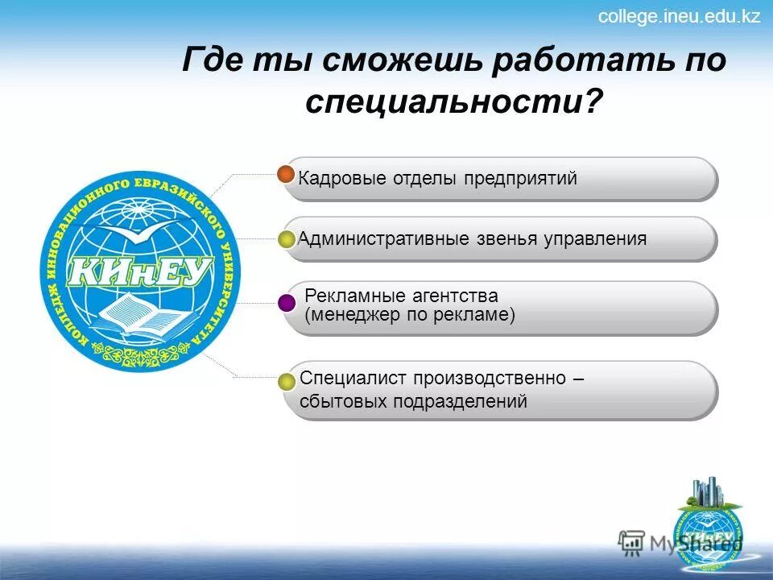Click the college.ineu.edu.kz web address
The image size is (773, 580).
(679, 17)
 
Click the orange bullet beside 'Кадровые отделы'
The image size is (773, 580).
(286, 174)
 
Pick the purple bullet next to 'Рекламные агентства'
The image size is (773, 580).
(287, 303)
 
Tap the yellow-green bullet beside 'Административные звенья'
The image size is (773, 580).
(287, 239)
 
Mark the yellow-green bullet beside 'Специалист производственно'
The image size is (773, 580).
(287, 382)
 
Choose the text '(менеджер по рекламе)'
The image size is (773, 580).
(410, 315)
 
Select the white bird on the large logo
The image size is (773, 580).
(137, 234)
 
